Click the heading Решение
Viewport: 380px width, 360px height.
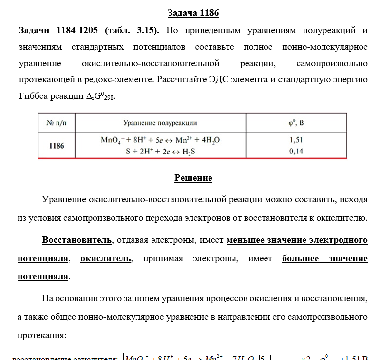(193, 178)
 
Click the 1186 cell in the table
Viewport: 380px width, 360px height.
(57, 146)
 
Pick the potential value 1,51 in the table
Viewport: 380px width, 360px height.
(296, 140)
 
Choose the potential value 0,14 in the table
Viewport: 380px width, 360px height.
(296, 152)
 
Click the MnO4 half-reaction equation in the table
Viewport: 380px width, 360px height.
(160, 140)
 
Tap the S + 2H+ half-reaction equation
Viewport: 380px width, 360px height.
(160, 152)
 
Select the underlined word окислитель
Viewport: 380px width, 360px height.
(106, 258)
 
